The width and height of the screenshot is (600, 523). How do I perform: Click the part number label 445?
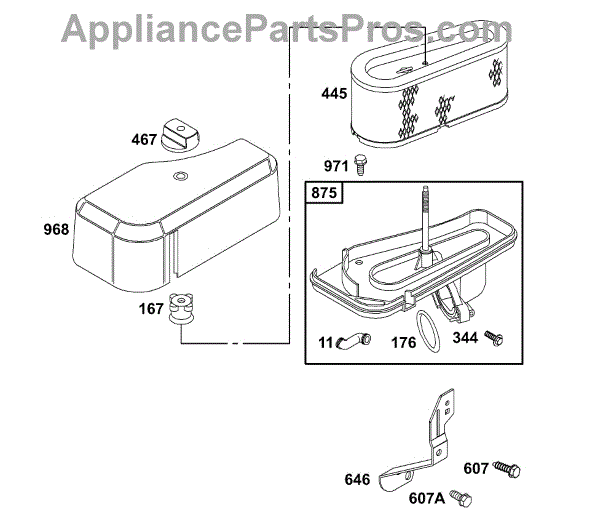[x=334, y=93]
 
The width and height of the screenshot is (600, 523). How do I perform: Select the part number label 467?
[x=144, y=140]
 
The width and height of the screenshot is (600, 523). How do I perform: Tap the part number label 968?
[x=56, y=229]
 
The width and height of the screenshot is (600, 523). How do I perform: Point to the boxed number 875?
[x=324, y=192]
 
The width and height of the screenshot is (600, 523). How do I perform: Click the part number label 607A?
[x=427, y=498]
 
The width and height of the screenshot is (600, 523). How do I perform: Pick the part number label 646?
[x=357, y=479]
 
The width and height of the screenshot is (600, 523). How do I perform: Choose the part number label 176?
[x=403, y=342]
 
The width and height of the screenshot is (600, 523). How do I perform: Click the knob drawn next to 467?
[x=180, y=134]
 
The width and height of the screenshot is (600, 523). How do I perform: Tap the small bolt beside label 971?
[x=359, y=164]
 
